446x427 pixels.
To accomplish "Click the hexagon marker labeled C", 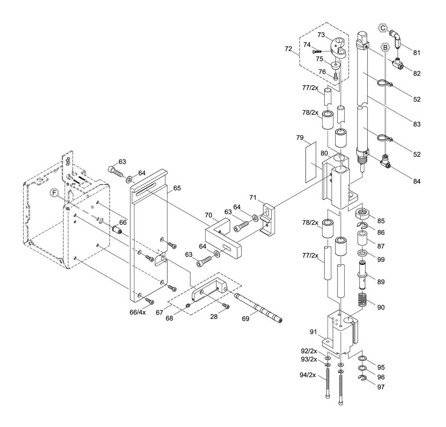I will pos(383,28).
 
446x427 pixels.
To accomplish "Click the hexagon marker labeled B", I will pos(385,47).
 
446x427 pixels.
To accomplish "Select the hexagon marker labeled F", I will pos(54,193).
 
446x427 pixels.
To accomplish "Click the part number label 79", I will pos(299,138).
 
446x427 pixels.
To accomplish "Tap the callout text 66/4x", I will pos(138,312).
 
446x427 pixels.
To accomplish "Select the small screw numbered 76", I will pos(336,76).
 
